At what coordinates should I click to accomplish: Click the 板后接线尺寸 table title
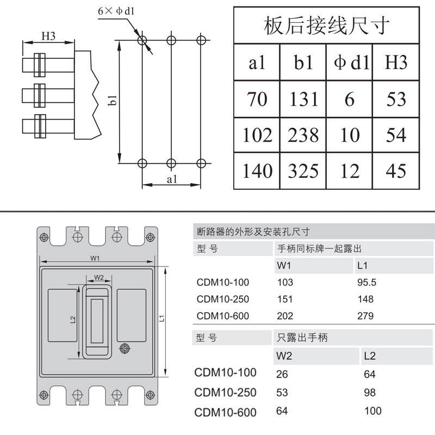[x=327, y=26]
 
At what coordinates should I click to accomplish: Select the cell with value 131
[x=303, y=99]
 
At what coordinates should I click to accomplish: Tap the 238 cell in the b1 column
[x=303, y=135]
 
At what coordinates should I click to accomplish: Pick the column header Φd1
[x=351, y=62]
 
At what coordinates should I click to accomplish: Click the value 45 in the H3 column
[x=396, y=171]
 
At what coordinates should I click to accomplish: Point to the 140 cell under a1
[x=257, y=171]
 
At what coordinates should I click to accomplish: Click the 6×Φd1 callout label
[x=116, y=11]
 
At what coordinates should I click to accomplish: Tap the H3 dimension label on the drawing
[x=48, y=36]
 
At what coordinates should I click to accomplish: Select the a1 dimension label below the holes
[x=172, y=179]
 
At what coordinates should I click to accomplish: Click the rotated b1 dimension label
[x=113, y=100]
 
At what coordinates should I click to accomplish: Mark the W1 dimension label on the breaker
[x=95, y=258]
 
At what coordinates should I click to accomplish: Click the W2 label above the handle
[x=99, y=277]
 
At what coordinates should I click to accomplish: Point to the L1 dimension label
[x=162, y=319]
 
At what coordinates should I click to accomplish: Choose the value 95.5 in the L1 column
[x=366, y=282]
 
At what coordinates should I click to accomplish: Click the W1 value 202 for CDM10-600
[x=285, y=316]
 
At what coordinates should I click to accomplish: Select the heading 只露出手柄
[x=302, y=338]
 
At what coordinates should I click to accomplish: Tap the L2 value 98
[x=370, y=393]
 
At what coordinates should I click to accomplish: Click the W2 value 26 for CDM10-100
[x=282, y=374]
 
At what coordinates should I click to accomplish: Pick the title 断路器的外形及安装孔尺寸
[x=253, y=232]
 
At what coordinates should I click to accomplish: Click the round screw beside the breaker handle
[x=125, y=349]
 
